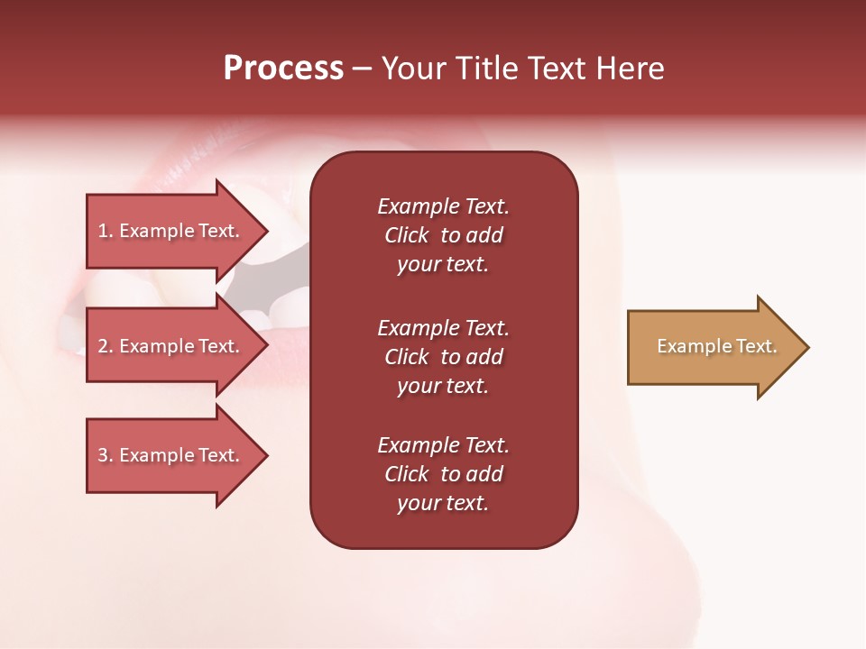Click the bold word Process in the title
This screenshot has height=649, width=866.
[283, 69]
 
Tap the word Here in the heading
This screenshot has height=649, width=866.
[631, 69]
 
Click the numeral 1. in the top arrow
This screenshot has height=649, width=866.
[105, 231]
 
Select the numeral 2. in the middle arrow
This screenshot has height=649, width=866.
[105, 346]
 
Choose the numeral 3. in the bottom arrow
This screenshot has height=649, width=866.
[105, 455]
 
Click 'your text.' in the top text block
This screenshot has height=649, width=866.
[443, 264]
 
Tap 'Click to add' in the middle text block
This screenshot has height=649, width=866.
[444, 357]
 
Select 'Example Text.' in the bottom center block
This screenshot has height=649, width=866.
[444, 445]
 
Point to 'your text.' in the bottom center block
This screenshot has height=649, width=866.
[443, 503]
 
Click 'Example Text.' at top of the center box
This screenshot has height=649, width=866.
[444, 206]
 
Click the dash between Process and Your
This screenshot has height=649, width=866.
[362, 69]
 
